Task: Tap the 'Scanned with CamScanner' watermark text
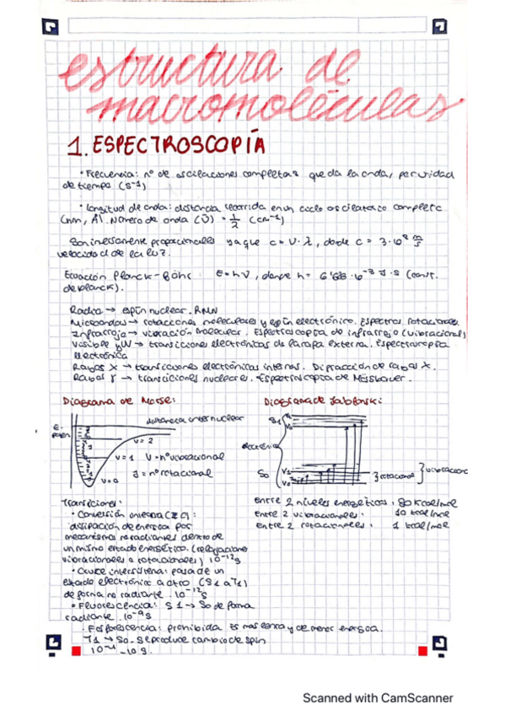pyautogui.click(x=378, y=697)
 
